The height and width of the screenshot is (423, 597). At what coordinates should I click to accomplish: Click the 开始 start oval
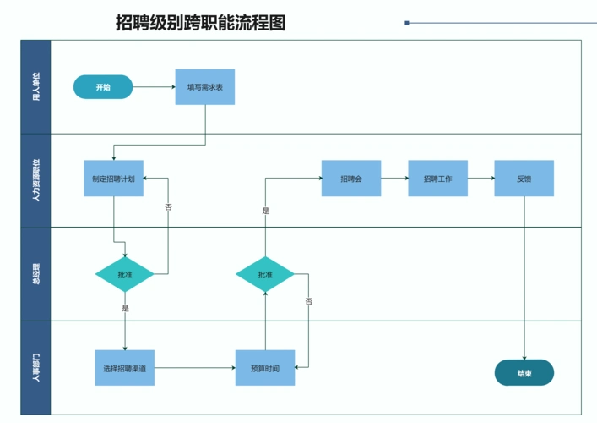click(x=103, y=87)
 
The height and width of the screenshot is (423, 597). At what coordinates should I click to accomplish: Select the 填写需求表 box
click(x=205, y=87)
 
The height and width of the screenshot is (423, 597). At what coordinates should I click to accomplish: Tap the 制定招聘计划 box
click(x=113, y=179)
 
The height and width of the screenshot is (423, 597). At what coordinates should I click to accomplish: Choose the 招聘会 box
click(x=350, y=179)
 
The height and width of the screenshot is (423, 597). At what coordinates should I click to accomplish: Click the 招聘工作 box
click(x=437, y=179)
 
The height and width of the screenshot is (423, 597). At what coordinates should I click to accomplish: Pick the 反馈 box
click(x=524, y=179)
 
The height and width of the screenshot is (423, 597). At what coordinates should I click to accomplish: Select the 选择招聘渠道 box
click(x=124, y=368)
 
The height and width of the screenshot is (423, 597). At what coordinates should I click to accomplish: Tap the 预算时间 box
click(x=265, y=368)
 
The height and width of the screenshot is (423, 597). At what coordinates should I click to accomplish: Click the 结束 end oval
click(x=524, y=372)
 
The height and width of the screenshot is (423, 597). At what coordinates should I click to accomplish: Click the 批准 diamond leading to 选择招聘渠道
click(x=125, y=274)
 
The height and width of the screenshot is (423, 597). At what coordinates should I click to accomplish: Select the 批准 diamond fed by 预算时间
click(x=265, y=274)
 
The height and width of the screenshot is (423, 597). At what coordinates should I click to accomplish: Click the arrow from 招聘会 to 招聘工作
click(x=394, y=179)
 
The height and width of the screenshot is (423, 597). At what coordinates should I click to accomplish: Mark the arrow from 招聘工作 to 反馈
click(x=480, y=179)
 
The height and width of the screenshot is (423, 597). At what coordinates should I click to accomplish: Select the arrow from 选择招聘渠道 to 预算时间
click(x=194, y=368)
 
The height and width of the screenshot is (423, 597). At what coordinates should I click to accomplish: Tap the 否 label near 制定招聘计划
click(x=168, y=206)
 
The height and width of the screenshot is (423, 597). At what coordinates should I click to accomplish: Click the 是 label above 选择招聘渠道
click(x=125, y=309)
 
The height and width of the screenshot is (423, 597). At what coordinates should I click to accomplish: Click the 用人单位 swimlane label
click(x=35, y=87)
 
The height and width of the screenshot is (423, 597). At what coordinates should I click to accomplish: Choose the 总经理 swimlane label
click(x=35, y=274)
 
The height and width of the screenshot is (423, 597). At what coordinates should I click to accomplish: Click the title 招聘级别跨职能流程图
click(x=200, y=23)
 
